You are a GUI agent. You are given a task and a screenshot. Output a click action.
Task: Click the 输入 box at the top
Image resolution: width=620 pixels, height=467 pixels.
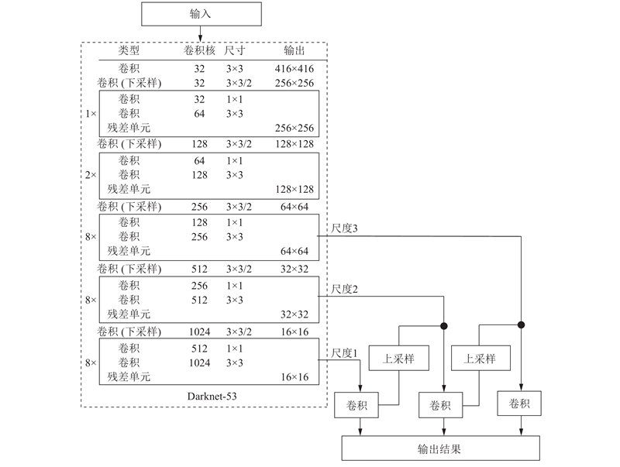201,14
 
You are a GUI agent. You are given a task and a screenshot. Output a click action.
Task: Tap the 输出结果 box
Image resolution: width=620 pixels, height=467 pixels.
440,448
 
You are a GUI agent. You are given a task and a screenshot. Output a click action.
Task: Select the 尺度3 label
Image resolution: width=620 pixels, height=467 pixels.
344,228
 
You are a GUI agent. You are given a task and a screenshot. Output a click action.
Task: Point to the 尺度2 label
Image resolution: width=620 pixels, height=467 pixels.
344,289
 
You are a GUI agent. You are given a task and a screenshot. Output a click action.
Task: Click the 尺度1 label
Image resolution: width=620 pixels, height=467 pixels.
344,353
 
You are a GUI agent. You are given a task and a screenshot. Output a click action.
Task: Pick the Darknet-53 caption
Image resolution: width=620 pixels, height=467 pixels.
212,397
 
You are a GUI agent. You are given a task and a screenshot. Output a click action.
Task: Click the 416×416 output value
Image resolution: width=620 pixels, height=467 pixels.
294,69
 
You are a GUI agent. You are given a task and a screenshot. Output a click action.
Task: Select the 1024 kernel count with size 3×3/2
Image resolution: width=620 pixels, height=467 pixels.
199,332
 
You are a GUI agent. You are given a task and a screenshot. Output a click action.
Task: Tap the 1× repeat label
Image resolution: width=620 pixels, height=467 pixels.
91,114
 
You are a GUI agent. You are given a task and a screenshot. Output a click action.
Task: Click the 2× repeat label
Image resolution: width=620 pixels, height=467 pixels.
91,174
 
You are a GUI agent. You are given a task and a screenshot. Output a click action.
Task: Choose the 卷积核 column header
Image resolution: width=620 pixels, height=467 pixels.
199,50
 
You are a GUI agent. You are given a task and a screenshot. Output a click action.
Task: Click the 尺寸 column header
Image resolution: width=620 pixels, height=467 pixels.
235,50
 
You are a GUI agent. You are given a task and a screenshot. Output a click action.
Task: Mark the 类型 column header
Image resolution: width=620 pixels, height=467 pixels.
129,50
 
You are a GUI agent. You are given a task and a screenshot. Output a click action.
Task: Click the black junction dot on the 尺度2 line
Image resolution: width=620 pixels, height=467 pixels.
443,326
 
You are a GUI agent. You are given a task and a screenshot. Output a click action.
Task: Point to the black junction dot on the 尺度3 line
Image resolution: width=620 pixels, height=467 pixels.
521,324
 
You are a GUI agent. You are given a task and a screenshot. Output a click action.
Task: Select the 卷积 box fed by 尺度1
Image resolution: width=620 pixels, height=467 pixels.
356,405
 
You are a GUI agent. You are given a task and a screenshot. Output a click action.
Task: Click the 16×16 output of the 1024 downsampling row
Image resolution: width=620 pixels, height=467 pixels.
294,332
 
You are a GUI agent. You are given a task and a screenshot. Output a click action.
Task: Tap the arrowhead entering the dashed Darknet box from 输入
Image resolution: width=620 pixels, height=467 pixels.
201,38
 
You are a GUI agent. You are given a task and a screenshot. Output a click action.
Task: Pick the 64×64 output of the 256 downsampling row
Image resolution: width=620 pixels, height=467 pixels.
294,207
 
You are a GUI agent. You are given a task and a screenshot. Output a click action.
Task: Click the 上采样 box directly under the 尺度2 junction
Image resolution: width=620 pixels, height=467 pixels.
399,359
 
